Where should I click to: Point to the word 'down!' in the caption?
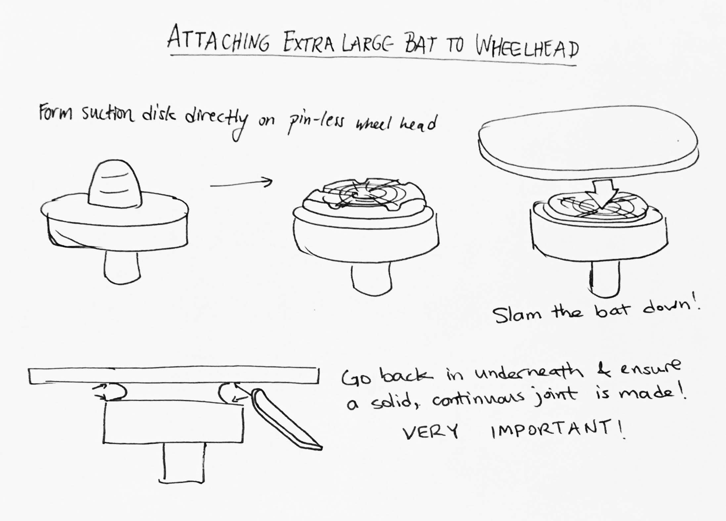click(670, 308)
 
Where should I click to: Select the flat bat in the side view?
click(174, 376)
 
